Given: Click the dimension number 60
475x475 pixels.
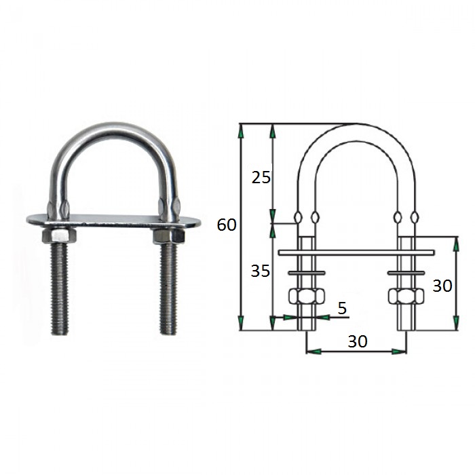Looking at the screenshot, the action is (x=227, y=225).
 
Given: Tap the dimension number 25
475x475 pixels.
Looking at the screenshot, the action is (x=261, y=178).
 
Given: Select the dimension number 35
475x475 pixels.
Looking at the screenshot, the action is (x=260, y=271).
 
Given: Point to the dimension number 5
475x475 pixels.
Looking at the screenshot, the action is (x=342, y=308).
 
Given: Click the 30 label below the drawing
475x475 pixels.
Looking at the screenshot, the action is (x=358, y=341).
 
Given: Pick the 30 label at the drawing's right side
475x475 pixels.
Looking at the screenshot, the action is (x=442, y=286).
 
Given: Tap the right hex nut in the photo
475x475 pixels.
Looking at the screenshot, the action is (x=168, y=236).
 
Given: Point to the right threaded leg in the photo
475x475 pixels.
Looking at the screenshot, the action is (x=168, y=288).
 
